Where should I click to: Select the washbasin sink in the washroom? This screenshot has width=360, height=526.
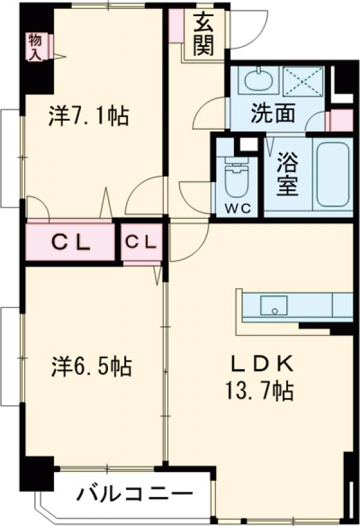pyautogui.click(x=259, y=80)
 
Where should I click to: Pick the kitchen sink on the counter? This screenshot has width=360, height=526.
pyautogui.click(x=274, y=306)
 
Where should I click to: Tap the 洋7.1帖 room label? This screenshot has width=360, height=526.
pyautogui.click(x=88, y=115)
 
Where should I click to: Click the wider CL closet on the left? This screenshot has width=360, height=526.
pyautogui.click(x=70, y=243)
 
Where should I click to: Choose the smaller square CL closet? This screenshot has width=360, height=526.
pyautogui.click(x=142, y=242)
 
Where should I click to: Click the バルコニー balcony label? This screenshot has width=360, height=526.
pyautogui.click(x=135, y=495)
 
